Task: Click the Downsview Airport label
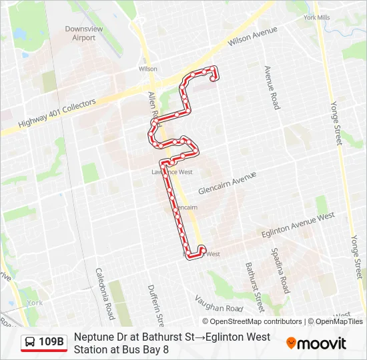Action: coord(80,33)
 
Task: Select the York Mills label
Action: coord(316,17)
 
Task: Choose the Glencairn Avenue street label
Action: coord(227,182)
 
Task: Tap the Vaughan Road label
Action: coord(219,304)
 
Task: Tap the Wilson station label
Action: coord(148,69)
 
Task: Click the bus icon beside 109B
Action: coord(31,343)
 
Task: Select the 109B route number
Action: coord(51,343)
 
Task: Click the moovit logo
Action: coord(316,343)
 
